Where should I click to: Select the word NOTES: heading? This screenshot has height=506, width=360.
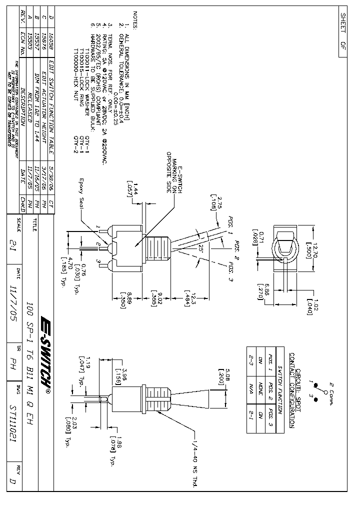[134, 21]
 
